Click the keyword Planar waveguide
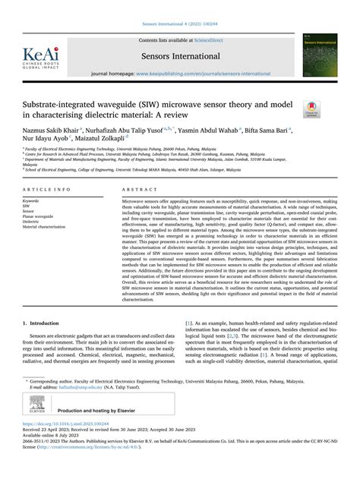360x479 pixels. click(x=44, y=216)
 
